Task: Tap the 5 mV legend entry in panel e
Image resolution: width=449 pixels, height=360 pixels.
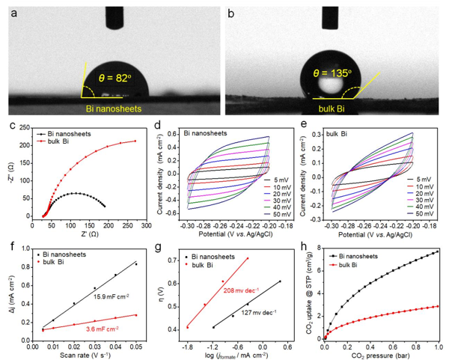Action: [423, 179]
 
